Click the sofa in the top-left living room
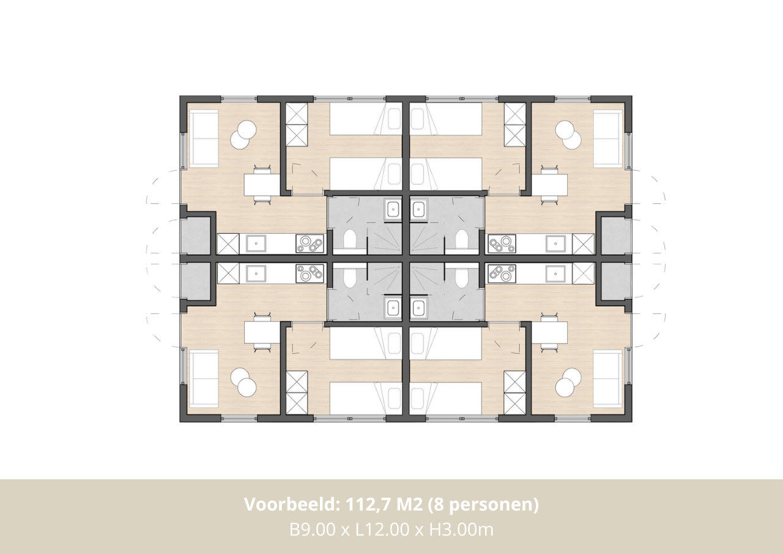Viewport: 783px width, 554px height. point(204,139)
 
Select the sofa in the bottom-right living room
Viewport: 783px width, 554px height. point(608,379)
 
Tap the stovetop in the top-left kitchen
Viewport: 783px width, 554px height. point(310,244)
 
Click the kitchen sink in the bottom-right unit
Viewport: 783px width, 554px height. point(555,274)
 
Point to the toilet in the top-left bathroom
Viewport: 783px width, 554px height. point(349,239)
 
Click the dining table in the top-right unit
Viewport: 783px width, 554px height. point(549,185)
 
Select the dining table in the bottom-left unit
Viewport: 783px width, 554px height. point(262,332)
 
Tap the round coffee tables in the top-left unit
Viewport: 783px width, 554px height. point(243,135)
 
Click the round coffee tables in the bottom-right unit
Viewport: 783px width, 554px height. point(568,382)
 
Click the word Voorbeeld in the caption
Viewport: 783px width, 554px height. point(289,504)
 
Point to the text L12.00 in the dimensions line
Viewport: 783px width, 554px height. point(382,530)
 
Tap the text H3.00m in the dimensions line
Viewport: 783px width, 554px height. point(461,530)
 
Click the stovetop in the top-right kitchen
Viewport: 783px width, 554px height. point(502,244)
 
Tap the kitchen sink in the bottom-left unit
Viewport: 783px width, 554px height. point(256,274)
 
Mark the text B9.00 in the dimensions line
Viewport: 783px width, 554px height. point(312,530)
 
